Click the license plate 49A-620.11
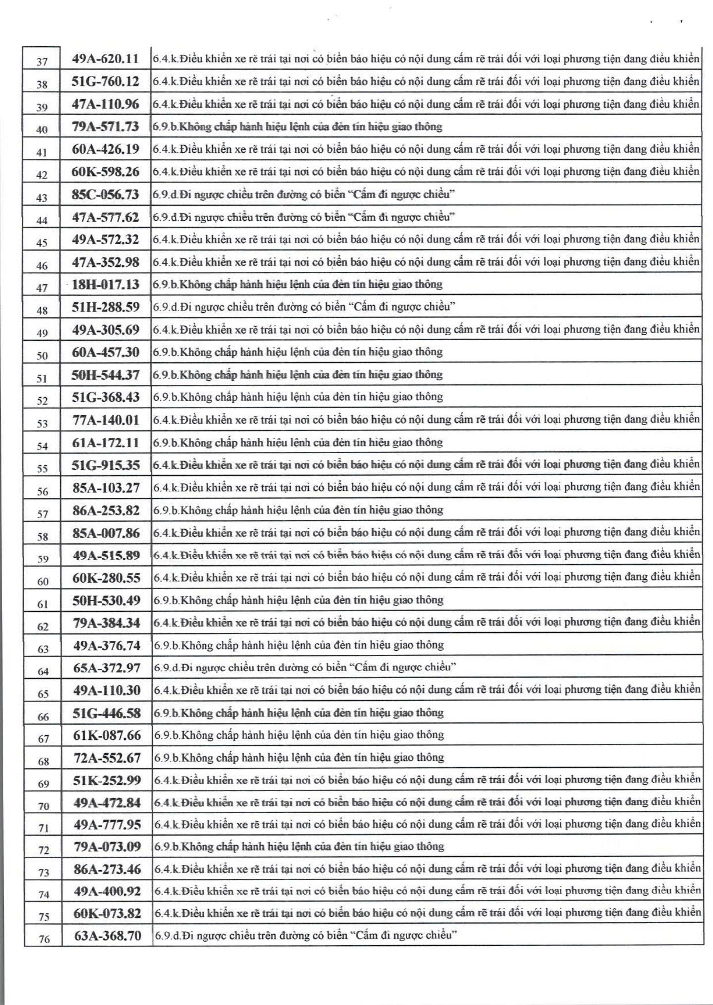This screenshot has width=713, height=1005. [x=105, y=59]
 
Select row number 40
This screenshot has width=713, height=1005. [x=42, y=130]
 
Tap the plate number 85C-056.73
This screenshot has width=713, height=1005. [x=105, y=194]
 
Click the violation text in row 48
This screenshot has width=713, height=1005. [x=304, y=307]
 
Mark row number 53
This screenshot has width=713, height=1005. [x=42, y=424]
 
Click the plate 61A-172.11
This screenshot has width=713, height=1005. [x=105, y=443]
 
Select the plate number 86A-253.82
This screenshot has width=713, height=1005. [x=105, y=510]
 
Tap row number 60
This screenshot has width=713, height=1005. [x=43, y=581]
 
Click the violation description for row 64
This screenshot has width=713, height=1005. [x=305, y=667]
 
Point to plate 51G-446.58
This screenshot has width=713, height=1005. [x=106, y=713]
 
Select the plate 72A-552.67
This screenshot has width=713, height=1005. [x=106, y=758]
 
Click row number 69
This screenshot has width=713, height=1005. [x=44, y=783]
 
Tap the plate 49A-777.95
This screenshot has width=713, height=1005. [x=107, y=825]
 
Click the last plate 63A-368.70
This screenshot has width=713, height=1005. [x=107, y=936]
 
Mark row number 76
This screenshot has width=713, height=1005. [x=44, y=939]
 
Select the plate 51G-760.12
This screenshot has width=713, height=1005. [x=105, y=81]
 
